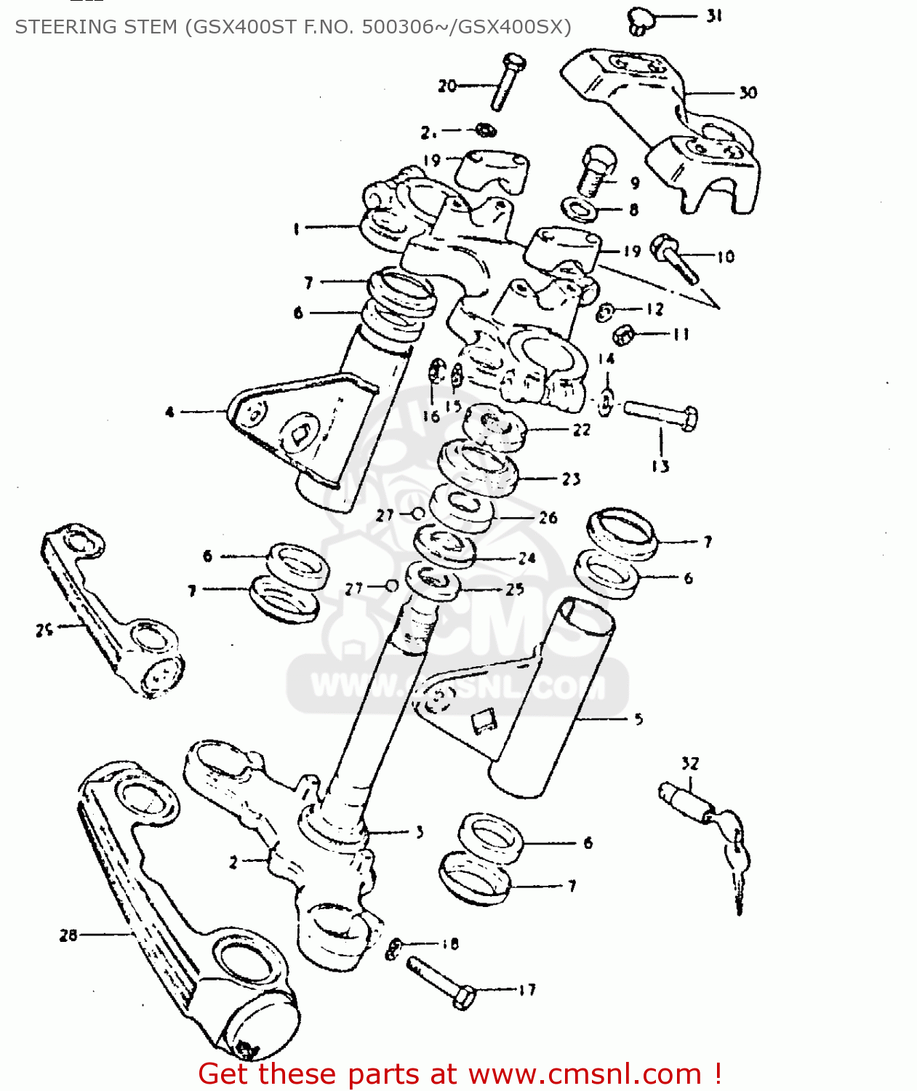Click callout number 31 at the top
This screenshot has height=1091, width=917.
[714, 15]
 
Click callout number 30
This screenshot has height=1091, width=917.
[748, 92]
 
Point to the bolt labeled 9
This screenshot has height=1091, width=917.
[596, 170]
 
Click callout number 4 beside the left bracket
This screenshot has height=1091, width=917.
[169, 412]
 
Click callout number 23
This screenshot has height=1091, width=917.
[571, 479]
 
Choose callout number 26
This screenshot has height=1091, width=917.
[548, 518]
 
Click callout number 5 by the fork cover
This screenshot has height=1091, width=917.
[638, 719]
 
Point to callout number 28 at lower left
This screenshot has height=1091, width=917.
[68, 935]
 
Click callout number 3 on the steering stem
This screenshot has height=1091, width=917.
[419, 832]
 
